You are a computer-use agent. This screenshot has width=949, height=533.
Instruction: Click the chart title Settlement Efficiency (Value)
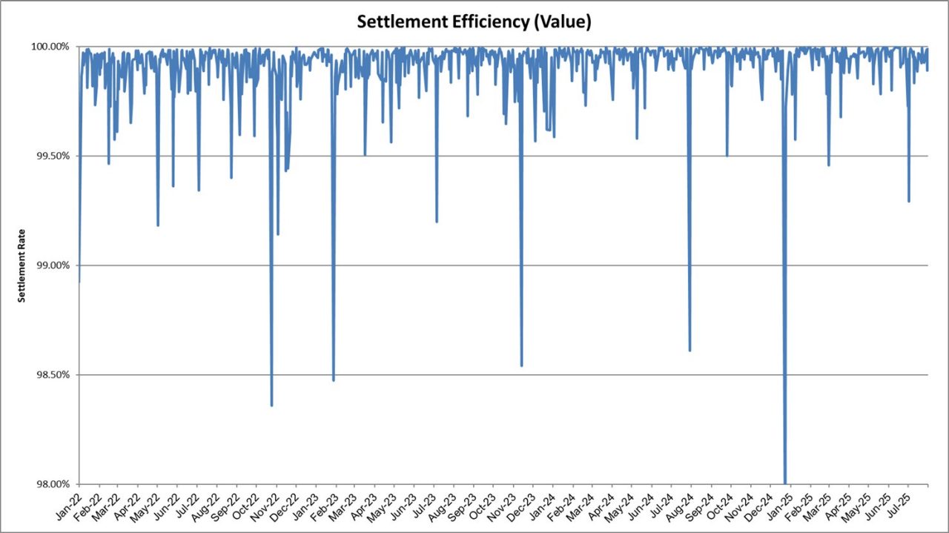pos(474,22)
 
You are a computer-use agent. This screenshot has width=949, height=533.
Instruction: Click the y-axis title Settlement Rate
pos(22,265)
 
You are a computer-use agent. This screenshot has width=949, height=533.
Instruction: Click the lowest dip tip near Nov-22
pos(271,405)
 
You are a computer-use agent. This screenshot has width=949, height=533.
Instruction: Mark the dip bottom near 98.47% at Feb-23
pos(334,380)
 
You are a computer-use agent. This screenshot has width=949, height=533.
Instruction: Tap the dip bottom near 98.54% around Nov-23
pos(522,365)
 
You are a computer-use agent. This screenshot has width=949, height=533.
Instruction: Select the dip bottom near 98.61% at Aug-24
pos(690,350)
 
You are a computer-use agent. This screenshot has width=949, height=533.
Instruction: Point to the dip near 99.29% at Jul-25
pos(909,201)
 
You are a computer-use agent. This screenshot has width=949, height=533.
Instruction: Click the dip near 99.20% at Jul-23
pos(437,221)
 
